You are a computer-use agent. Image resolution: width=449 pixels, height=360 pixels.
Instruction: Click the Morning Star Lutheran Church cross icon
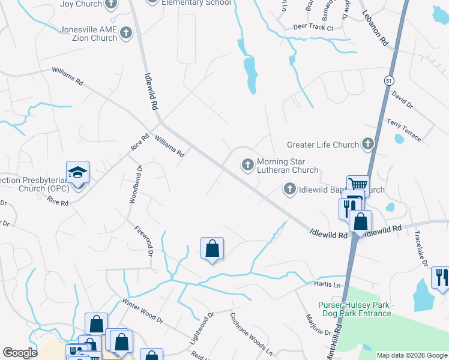click(247, 164)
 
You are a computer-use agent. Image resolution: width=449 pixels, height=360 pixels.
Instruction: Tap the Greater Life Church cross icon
click(368, 144)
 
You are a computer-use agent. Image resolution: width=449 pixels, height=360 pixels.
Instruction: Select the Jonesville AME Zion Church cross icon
click(126, 34)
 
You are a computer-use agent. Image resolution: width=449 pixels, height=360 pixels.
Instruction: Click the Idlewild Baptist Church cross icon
click(289, 190)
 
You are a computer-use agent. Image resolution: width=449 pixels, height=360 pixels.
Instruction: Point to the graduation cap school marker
click(77, 173)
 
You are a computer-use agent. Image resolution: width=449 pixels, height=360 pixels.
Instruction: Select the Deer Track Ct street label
click(313, 28)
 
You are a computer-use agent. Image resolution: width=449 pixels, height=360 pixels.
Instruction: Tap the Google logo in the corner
click(20, 353)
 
